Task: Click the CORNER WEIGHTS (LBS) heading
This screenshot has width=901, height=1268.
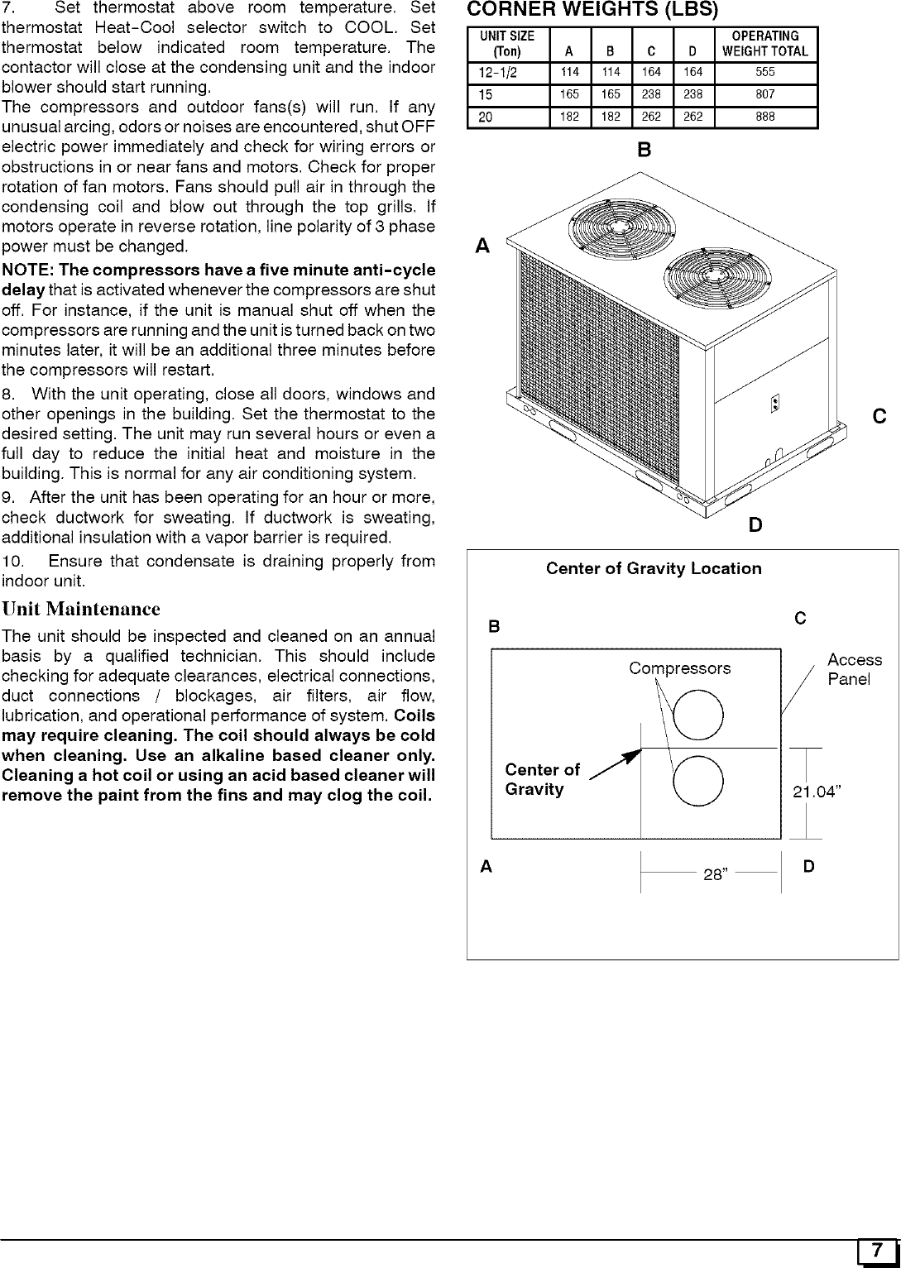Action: click(593, 11)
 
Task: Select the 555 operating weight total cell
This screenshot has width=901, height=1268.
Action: click(765, 72)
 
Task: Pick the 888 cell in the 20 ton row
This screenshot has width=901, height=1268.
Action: click(765, 117)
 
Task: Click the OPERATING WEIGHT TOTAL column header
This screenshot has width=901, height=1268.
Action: click(765, 43)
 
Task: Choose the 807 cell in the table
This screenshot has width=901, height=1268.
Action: click(765, 94)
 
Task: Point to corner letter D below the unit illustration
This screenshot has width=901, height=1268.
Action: click(755, 525)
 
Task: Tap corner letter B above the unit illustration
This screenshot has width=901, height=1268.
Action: click(645, 151)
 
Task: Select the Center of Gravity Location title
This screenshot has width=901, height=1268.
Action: click(654, 568)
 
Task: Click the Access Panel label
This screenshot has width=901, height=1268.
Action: click(854, 669)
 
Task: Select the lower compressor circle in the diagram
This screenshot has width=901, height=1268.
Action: click(699, 782)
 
